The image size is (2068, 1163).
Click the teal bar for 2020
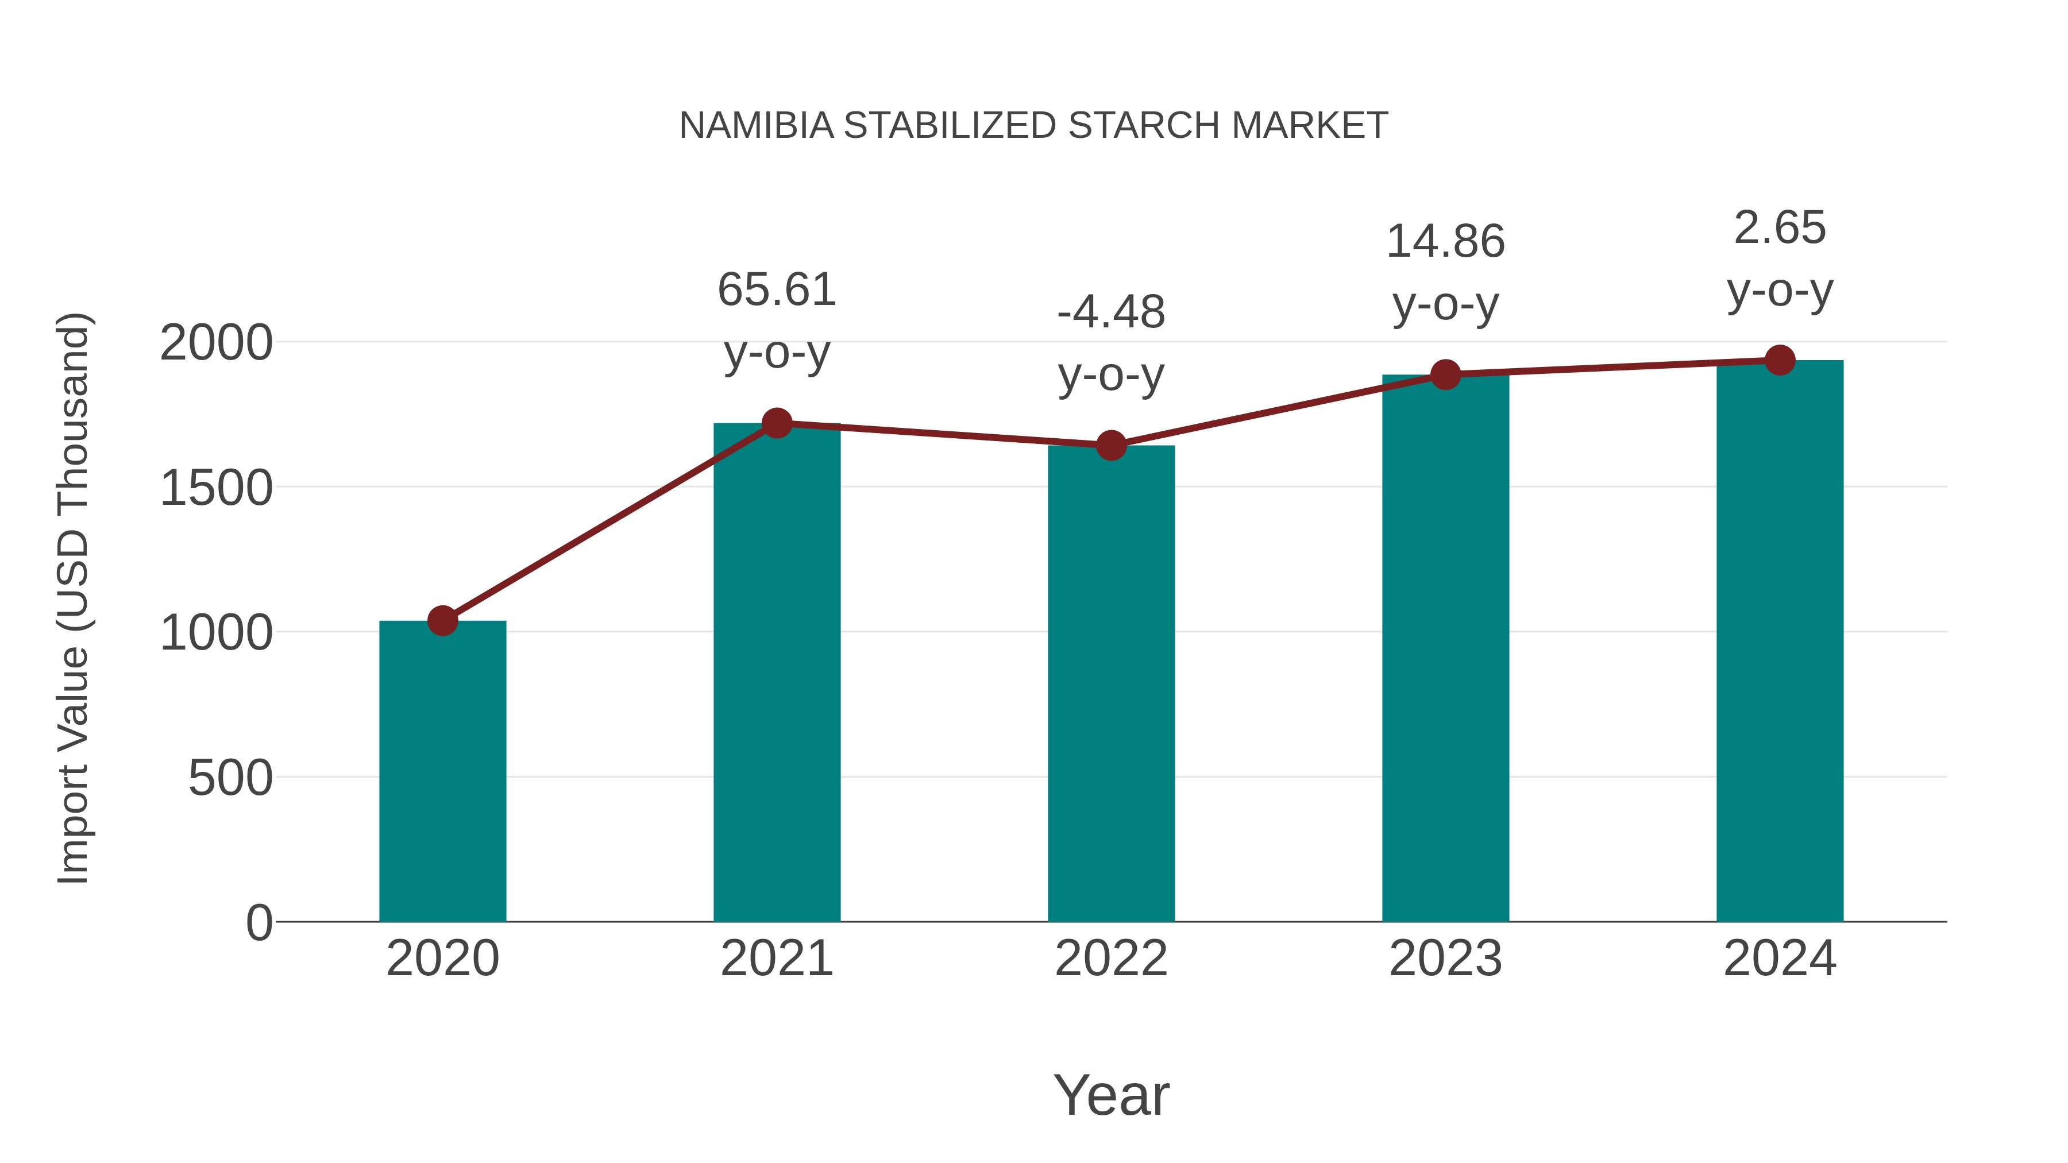pos(442,771)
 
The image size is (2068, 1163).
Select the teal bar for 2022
pos(1111,683)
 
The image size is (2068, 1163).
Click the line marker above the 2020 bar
pos(442,620)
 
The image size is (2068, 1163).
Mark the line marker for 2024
pos(1780,360)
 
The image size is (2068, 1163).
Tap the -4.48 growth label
pos(1111,312)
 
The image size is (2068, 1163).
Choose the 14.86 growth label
pos(1445,242)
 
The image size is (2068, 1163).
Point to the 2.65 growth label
pos(1780,228)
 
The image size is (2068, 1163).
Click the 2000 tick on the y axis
pos(216,343)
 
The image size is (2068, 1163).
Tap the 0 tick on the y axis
pos(258,922)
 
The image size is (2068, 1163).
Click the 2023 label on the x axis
pos(1445,959)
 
